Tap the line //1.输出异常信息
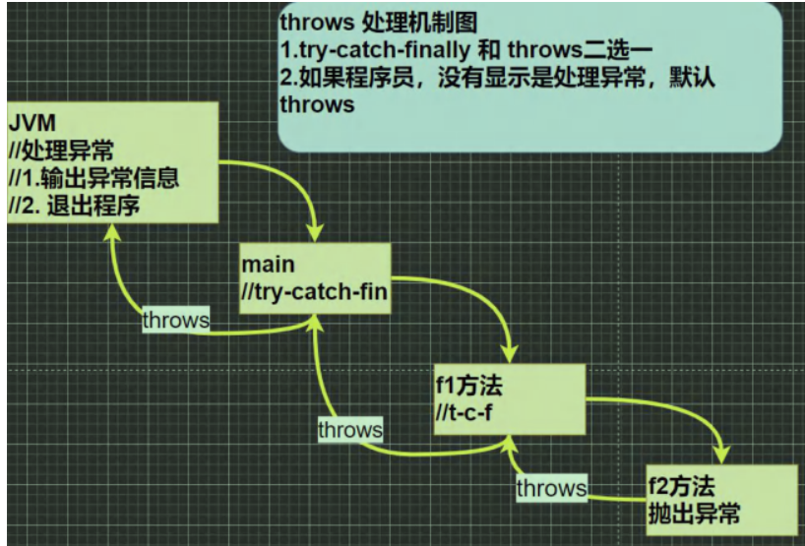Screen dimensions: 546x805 click(x=94, y=179)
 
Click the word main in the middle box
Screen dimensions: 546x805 click(x=268, y=266)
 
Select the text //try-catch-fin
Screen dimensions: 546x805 click(x=315, y=292)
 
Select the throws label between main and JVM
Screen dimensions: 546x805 click(x=175, y=320)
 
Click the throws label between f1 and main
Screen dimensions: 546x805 click(x=349, y=430)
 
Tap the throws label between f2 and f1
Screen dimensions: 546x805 click(x=551, y=487)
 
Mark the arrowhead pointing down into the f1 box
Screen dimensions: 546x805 click(x=511, y=352)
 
